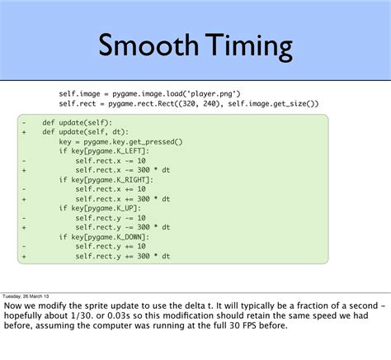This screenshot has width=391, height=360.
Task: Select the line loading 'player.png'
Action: pos(148,93)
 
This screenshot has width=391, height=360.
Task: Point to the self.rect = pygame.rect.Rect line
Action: pos(188,104)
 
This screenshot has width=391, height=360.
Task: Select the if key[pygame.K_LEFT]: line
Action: pos(102,151)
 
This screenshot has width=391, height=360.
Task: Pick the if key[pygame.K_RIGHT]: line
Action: pos(104,179)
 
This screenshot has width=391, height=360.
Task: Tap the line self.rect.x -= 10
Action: pos(111,160)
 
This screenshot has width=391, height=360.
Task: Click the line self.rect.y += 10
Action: pos(111,246)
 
